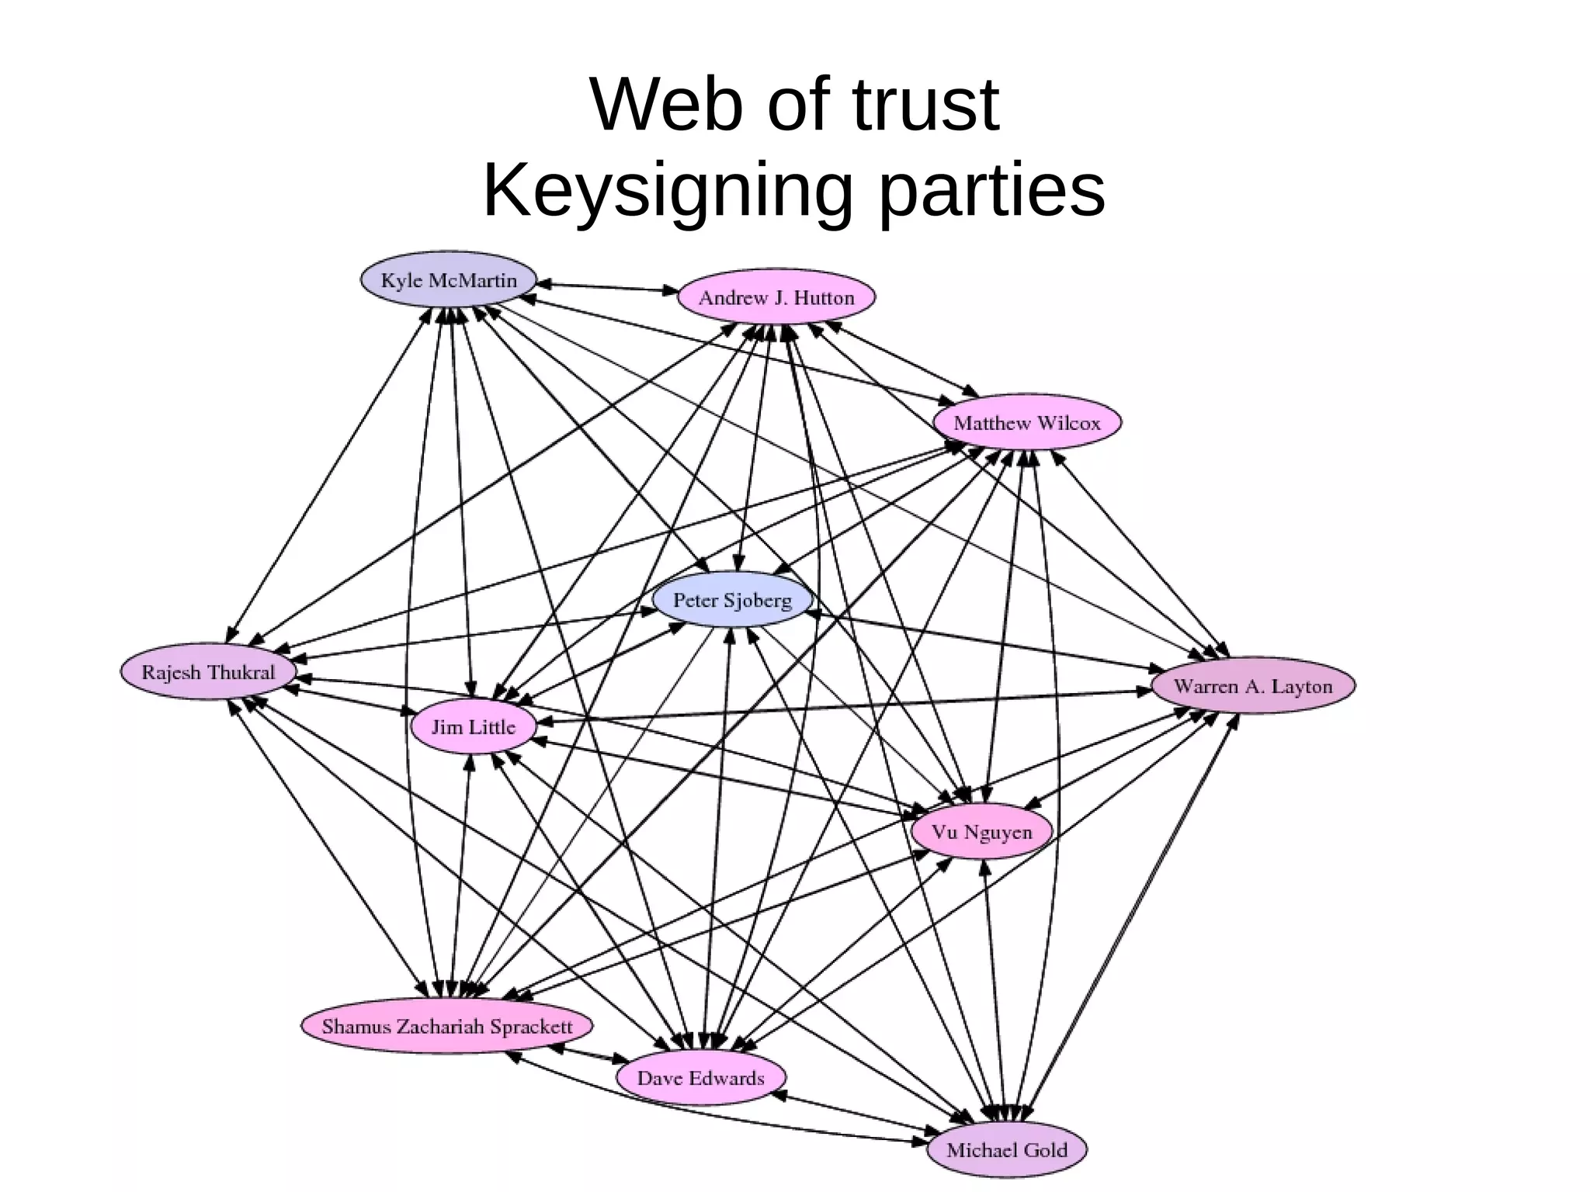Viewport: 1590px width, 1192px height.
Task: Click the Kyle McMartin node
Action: click(449, 279)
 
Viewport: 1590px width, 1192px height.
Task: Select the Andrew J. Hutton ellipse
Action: click(776, 297)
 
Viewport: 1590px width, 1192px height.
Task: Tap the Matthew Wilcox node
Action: click(1026, 423)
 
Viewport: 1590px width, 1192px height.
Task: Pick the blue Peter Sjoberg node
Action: click(732, 600)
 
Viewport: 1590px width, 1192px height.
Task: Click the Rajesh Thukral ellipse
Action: click(208, 672)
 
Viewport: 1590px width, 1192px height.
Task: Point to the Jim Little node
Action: click(473, 727)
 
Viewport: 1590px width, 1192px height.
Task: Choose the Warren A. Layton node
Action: click(1252, 686)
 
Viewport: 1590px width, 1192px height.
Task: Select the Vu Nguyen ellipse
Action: click(981, 832)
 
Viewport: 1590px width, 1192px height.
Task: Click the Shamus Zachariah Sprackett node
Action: click(446, 1026)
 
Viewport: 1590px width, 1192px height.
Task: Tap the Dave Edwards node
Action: click(700, 1078)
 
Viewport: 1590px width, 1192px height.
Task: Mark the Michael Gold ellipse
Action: click(1006, 1149)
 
